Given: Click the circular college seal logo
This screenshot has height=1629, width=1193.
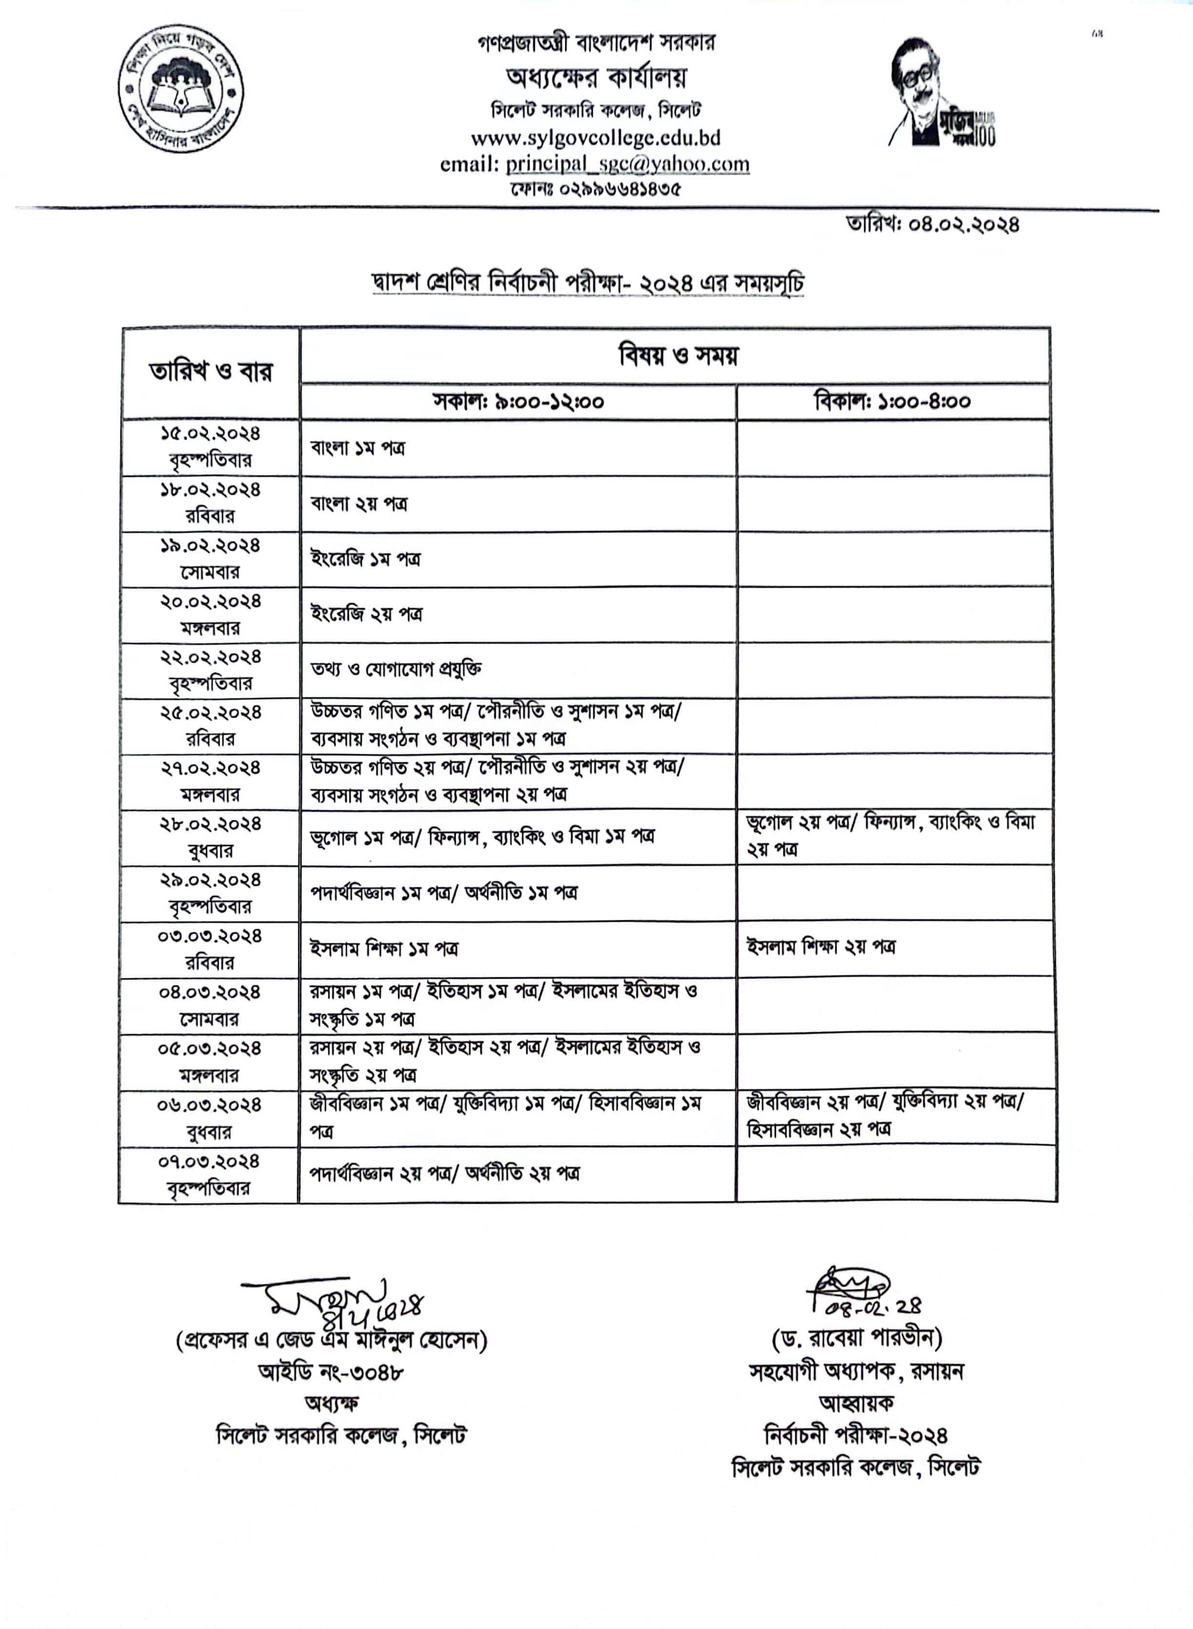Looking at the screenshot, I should (x=181, y=88).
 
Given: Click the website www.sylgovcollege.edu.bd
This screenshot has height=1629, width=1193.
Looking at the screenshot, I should (x=595, y=137).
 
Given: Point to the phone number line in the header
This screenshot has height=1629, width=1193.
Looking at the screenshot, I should (x=595, y=189).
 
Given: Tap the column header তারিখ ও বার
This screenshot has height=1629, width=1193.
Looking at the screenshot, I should (x=210, y=372).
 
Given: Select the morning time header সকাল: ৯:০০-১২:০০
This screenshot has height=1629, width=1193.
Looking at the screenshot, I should (x=518, y=401).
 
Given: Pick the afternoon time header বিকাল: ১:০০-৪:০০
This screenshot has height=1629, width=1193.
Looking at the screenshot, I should (x=892, y=401).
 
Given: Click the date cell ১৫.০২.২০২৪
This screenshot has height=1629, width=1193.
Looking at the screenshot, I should (x=210, y=434).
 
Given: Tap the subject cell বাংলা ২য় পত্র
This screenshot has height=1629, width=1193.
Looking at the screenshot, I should (x=359, y=503).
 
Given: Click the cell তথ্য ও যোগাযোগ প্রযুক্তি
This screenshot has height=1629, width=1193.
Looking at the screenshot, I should (x=396, y=669).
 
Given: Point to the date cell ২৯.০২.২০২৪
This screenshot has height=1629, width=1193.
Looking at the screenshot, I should (x=210, y=881).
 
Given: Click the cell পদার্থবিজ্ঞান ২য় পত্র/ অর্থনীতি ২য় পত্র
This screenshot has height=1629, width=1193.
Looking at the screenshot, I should (x=444, y=1174).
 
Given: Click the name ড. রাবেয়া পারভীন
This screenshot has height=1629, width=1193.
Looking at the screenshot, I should (x=856, y=1338).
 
